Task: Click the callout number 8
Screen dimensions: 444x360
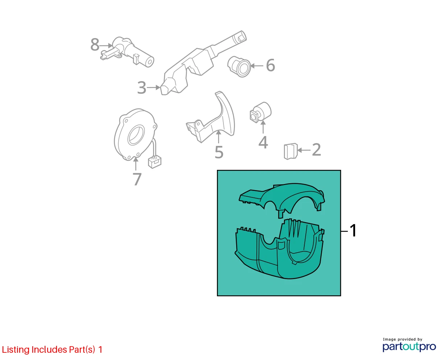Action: (x=95, y=45)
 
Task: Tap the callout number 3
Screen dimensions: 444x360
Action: (x=142, y=87)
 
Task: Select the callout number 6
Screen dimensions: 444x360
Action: (x=270, y=65)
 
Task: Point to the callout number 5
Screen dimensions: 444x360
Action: (x=219, y=152)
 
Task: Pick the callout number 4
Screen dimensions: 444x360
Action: (x=263, y=143)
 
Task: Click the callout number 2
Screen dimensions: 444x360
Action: (x=316, y=150)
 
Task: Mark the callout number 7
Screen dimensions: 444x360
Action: (x=137, y=179)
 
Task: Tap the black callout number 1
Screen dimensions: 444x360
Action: (x=353, y=230)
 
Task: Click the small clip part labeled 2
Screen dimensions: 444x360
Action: (x=291, y=151)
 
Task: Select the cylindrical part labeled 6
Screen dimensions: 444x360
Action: (x=239, y=66)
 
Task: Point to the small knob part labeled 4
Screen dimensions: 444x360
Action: (x=260, y=112)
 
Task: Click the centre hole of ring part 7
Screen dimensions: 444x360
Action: (x=136, y=135)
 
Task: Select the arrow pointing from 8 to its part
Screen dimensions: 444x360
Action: (x=106, y=45)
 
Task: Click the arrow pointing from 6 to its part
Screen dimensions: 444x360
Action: (x=256, y=66)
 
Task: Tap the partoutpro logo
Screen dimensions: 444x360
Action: (x=409, y=347)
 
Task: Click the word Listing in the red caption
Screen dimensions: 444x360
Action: (x=16, y=350)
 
